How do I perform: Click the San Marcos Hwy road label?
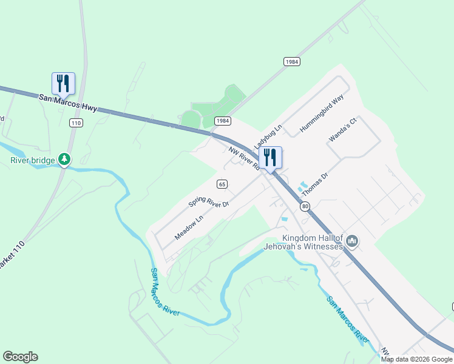click(69, 102)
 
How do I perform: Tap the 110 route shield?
click(75, 123)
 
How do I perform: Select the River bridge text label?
click(32, 161)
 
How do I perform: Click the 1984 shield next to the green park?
click(223, 121)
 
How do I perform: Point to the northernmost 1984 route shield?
click(292, 62)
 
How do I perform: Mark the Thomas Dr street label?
click(314, 184)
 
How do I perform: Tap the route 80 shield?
click(305, 206)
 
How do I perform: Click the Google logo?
click(20, 357)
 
